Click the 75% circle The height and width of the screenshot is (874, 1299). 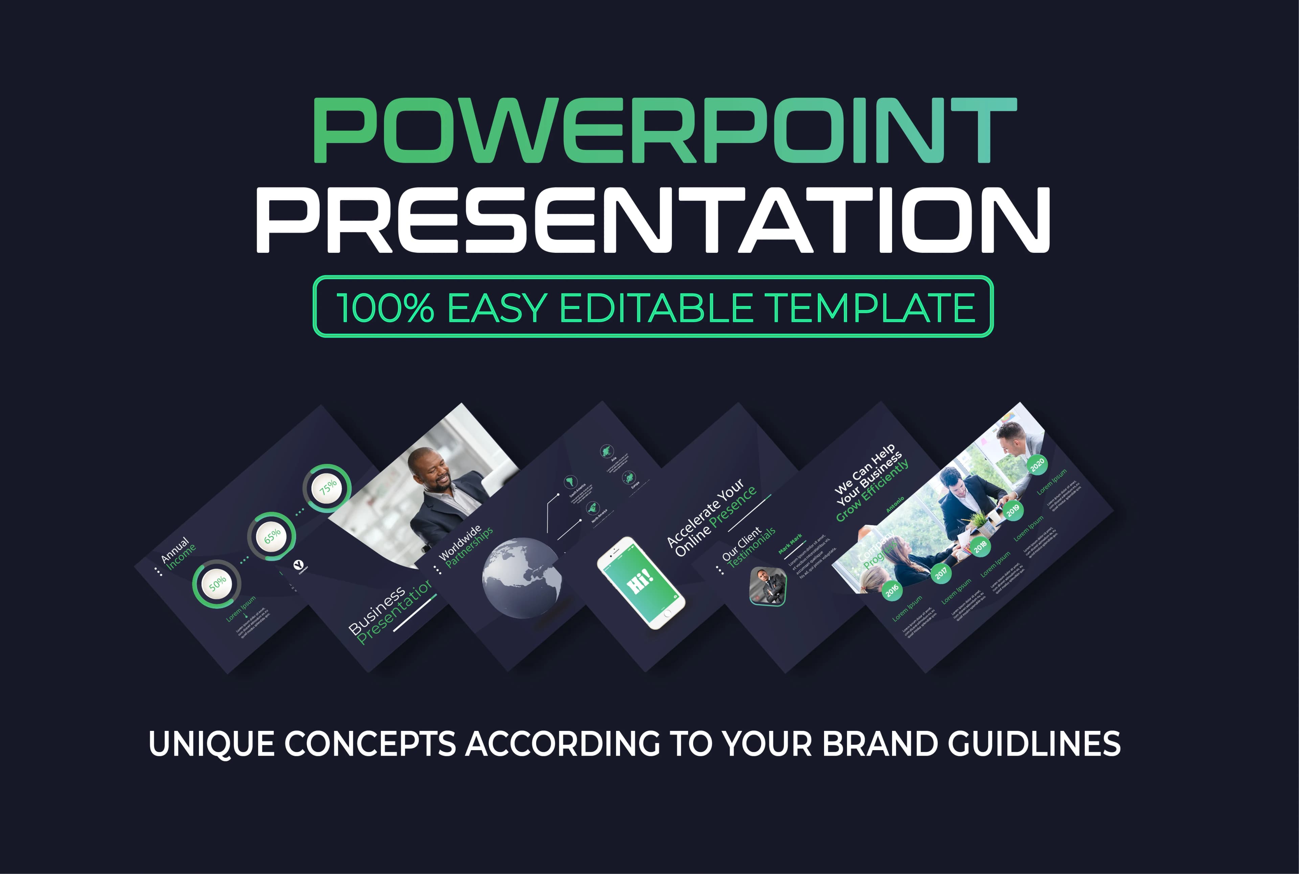[x=327, y=488]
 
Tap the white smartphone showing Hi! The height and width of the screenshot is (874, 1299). [x=641, y=582]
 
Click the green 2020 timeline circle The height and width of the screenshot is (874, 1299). [x=1037, y=464]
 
